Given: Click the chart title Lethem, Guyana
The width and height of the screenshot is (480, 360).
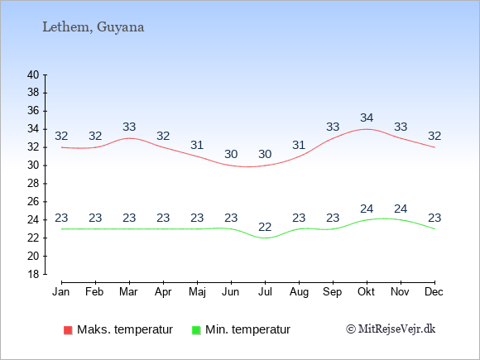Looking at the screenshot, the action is (93, 27).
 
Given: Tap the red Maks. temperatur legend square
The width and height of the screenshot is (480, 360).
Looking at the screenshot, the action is (68, 330).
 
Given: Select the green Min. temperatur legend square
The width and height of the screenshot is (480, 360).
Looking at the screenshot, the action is (196, 330).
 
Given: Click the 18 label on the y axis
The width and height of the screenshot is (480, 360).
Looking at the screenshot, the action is (33, 274).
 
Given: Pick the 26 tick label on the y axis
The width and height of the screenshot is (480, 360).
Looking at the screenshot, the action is (33, 202).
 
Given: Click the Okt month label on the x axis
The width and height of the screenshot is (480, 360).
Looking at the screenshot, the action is (366, 292).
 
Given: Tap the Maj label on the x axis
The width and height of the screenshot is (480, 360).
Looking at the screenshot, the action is (197, 292).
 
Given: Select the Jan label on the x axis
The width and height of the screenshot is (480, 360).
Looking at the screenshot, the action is (60, 292).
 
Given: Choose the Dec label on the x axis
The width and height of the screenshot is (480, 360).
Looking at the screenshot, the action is (434, 292).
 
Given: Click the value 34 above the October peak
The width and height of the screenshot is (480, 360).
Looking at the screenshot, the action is (367, 118).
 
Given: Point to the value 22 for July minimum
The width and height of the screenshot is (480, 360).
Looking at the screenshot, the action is (265, 227).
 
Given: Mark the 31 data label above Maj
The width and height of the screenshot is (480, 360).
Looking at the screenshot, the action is (197, 145).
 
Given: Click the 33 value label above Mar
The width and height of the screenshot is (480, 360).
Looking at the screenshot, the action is (129, 127).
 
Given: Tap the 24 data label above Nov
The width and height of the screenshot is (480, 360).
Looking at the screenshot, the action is (401, 209).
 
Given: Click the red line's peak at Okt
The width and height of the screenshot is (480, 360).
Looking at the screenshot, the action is (367, 129).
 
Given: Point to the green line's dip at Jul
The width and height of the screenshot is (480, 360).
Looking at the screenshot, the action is (265, 238).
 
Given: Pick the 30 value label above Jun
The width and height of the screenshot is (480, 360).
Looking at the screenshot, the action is (231, 154).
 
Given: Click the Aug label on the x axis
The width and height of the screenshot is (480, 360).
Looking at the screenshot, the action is (299, 292).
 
